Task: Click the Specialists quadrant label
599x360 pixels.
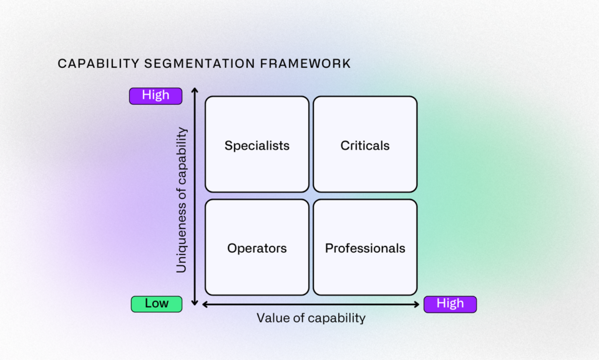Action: (257, 146)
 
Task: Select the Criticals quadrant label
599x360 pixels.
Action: (365, 146)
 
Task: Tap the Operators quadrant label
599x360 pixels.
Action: (257, 248)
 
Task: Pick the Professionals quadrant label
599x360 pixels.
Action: (365, 248)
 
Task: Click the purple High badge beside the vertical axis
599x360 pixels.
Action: (156, 95)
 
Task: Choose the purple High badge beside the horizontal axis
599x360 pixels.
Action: (450, 304)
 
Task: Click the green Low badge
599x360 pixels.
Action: (157, 304)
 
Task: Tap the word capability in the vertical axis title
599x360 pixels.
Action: (181, 153)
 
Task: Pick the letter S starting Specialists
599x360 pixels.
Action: (228, 146)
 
